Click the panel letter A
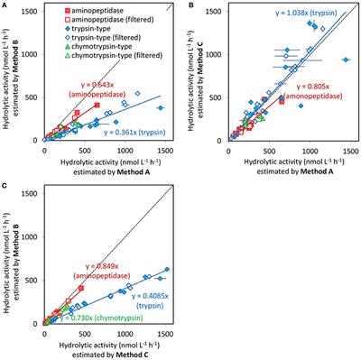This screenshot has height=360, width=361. [x=5, y=6]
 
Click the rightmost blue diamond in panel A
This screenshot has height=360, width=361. [x=162, y=106]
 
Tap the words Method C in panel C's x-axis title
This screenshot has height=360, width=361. [x=146, y=354]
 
